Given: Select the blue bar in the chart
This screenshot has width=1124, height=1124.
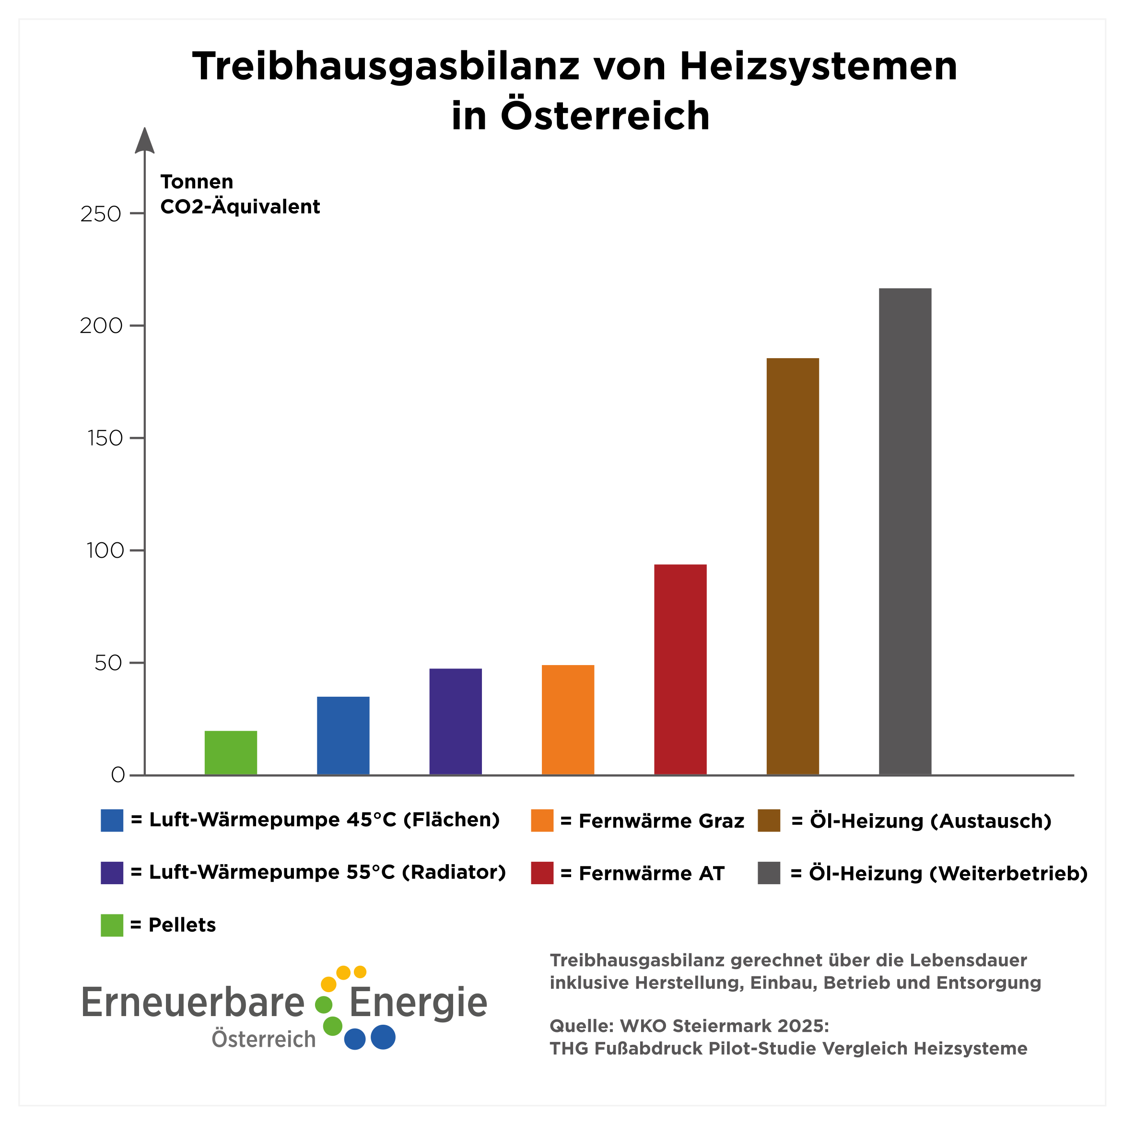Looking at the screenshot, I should click(x=343, y=736).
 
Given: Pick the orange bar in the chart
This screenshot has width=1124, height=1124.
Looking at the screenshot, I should click(x=568, y=720).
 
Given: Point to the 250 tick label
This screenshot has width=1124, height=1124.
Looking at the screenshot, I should click(x=101, y=214).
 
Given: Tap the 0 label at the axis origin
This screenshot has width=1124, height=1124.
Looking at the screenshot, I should click(x=117, y=775).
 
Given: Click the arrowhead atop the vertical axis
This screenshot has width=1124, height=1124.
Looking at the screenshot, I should click(x=144, y=141).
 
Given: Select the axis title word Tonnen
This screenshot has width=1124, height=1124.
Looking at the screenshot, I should click(x=197, y=182).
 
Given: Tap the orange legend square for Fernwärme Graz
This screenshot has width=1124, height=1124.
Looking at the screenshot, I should click(x=542, y=820).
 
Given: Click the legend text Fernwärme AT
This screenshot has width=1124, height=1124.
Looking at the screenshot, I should click(x=651, y=873).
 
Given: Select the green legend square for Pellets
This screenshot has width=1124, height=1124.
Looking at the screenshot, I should click(x=112, y=925).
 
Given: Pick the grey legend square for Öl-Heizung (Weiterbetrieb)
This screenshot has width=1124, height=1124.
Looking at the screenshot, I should click(x=769, y=873).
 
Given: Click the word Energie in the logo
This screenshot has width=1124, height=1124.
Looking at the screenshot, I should click(x=418, y=1002).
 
